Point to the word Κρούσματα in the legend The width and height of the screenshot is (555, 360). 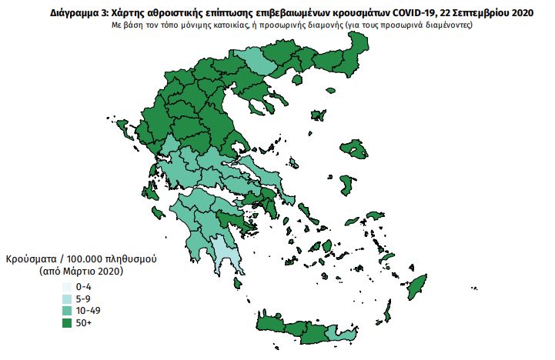coord(32,258)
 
